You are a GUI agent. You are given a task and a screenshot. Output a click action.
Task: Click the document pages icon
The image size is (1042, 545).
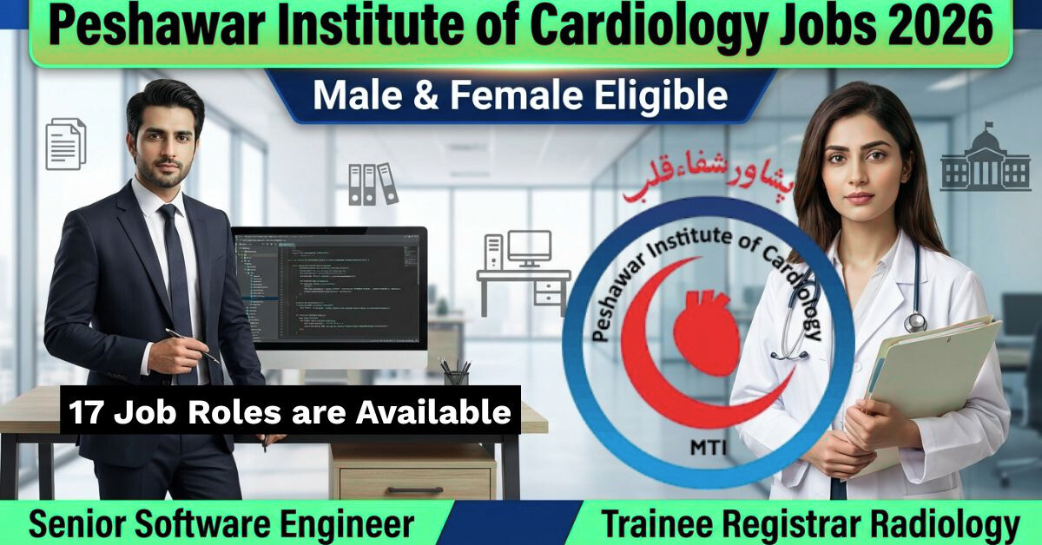66,144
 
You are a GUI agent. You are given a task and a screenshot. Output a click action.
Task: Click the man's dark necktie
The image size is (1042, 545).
176,278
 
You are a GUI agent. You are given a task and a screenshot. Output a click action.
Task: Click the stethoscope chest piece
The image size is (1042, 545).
915,322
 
